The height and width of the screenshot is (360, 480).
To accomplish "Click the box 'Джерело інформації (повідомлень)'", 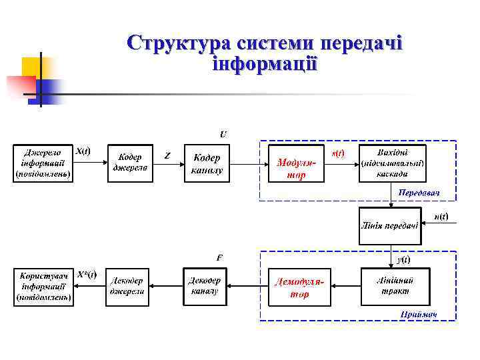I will (x=44, y=162).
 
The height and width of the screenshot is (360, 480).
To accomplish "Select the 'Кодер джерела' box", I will (x=129, y=163).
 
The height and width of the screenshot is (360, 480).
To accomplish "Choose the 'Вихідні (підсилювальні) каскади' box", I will (x=392, y=163).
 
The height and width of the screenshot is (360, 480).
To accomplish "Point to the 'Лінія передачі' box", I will (x=389, y=225).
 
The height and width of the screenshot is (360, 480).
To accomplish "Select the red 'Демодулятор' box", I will (x=299, y=287).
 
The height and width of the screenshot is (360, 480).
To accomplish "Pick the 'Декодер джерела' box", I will (x=129, y=287).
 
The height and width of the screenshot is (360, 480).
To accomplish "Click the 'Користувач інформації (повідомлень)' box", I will (x=44, y=287).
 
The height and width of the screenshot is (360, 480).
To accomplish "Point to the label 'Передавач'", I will (x=419, y=193).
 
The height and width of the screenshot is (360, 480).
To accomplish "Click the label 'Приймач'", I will (x=419, y=314).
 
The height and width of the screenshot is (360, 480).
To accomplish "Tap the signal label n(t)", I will (x=441, y=217).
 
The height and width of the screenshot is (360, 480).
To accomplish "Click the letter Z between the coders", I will (x=167, y=156).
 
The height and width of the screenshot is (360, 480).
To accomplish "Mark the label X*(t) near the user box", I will (x=87, y=274).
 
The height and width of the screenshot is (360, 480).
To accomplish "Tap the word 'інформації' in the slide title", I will (x=265, y=65).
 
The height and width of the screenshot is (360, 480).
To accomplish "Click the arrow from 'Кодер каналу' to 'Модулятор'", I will (x=247, y=163).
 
